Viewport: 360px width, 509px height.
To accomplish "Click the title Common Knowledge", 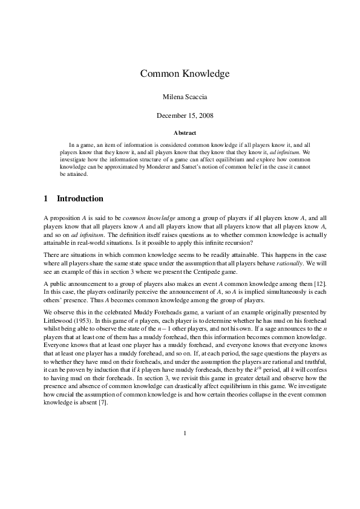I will click(x=185, y=74).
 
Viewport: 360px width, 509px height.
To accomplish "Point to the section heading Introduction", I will click(x=80, y=199).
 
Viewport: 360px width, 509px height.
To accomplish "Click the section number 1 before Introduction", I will click(x=47, y=199).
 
